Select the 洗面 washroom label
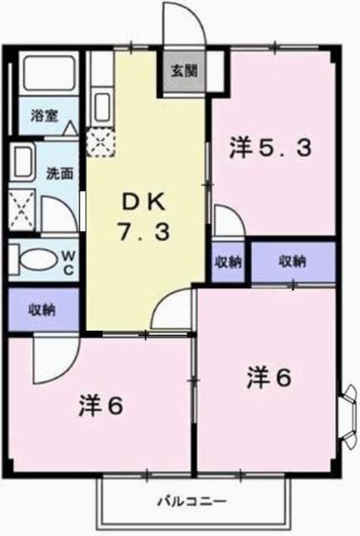pyautogui.click(x=59, y=174)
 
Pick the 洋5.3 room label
pyautogui.click(x=271, y=148)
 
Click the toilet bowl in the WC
pyautogui.click(x=32, y=258)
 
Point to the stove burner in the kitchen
pyautogui.click(x=101, y=140)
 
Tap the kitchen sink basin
pyautogui.click(x=101, y=106)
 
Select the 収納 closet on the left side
pyautogui.click(x=43, y=310)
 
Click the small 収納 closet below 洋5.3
pyautogui.click(x=226, y=261)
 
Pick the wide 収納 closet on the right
pyautogui.click(x=292, y=261)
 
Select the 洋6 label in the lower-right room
pyautogui.click(x=269, y=378)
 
